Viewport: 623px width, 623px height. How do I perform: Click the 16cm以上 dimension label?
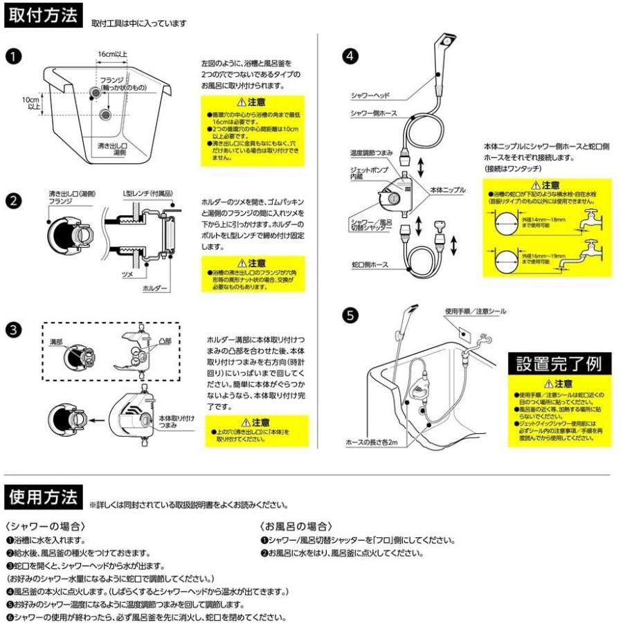[111, 53]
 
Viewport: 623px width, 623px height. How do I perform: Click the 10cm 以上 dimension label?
[31, 102]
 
